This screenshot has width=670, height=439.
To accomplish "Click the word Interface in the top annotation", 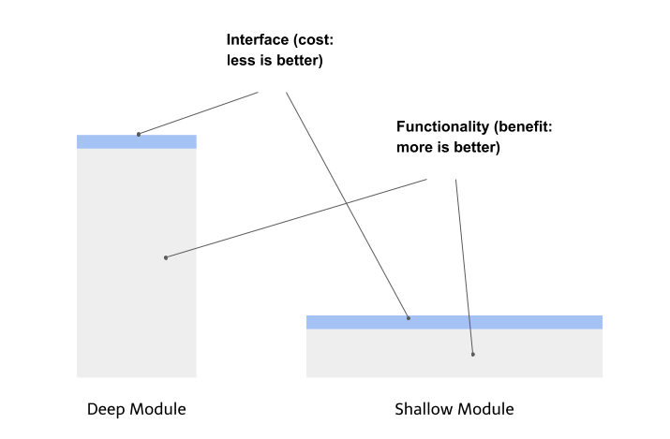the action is tap(258, 39).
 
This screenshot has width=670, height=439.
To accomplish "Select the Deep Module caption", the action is tap(136, 409).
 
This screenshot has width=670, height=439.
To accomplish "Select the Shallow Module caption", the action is tap(454, 409).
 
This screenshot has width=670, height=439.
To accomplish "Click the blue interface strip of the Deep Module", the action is tap(137, 141).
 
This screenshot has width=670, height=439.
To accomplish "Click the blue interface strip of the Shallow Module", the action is tap(454, 322).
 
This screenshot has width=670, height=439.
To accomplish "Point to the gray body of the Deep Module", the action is tap(137, 263).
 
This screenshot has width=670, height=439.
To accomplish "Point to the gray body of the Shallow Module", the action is tap(454, 353).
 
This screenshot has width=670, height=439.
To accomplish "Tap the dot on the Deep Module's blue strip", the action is tap(139, 135).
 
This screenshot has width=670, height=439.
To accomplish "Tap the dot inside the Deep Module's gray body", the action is tap(166, 257).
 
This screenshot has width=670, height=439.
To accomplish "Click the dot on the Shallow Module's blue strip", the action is tap(409, 318).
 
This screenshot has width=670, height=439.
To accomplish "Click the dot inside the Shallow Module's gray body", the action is tap(473, 354).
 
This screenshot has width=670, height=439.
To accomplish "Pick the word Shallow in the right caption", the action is tap(424, 409).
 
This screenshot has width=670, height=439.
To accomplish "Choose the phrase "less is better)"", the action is tap(275, 60).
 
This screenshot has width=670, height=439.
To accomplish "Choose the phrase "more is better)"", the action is tap(448, 147).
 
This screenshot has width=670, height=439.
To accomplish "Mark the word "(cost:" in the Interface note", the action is tap(313, 39).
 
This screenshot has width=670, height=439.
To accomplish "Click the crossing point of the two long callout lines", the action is tap(347, 203).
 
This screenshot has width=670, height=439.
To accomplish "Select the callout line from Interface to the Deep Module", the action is tap(199, 113).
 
